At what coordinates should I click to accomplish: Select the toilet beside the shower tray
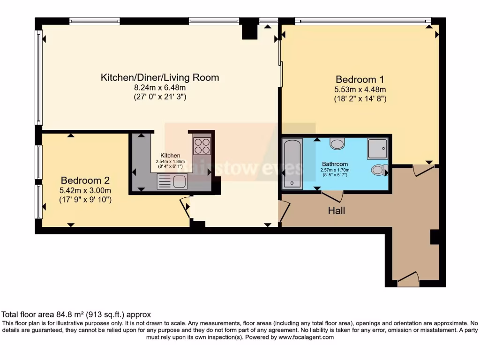point(377,170)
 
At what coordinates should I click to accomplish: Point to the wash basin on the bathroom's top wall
point(337,143)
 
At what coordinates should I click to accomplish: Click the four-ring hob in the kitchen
point(202,146)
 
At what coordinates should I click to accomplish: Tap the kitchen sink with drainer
point(172,181)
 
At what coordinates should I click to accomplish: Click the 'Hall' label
point(337,211)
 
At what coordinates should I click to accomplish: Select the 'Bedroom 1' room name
point(360,79)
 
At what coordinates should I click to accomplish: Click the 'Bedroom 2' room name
point(82,180)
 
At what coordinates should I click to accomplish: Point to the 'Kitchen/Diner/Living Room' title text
point(160,77)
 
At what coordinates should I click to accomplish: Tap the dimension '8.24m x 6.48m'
point(160,88)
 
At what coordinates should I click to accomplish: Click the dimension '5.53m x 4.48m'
point(360,90)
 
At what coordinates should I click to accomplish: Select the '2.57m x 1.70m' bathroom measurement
point(335,170)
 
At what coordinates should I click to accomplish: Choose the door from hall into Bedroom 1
point(424,171)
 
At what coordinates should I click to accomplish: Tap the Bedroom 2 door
point(186,207)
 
